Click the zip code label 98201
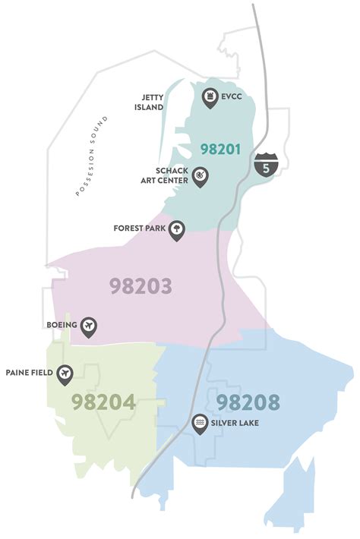[220, 149]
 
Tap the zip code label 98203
[140, 286]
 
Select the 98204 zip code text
[104, 402]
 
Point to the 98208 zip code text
[248, 402]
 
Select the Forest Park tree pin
[176, 229]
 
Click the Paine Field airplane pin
[66, 373]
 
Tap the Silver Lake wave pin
[201, 422]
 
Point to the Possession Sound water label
[93, 156]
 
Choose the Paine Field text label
[28, 373]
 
